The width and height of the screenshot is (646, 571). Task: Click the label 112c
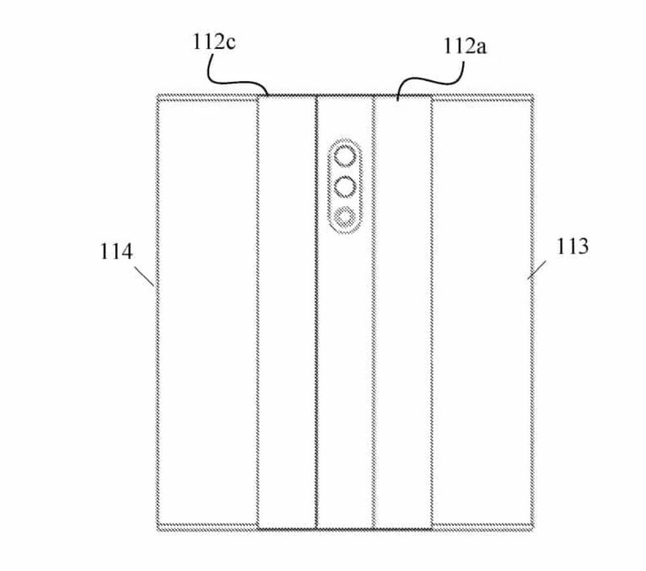click(214, 42)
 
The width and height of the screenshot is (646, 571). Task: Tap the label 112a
click(465, 46)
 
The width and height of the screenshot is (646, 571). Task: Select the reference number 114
click(117, 252)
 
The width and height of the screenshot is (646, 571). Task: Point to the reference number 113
click(572, 246)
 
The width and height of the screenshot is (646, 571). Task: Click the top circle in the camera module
click(345, 157)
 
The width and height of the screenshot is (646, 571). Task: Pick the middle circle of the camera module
click(345, 186)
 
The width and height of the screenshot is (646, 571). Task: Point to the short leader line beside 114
click(144, 275)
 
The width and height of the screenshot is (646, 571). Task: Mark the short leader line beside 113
click(537, 270)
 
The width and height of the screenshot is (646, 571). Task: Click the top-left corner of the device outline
click(157, 95)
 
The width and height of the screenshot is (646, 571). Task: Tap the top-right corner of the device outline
click(534, 95)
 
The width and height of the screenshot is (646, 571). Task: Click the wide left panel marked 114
click(207, 312)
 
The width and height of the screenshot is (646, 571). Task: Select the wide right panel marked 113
click(483, 312)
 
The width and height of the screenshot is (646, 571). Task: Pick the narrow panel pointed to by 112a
click(403, 312)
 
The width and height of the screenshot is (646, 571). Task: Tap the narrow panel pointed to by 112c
click(287, 312)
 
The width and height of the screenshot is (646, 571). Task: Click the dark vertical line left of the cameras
click(316, 312)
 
